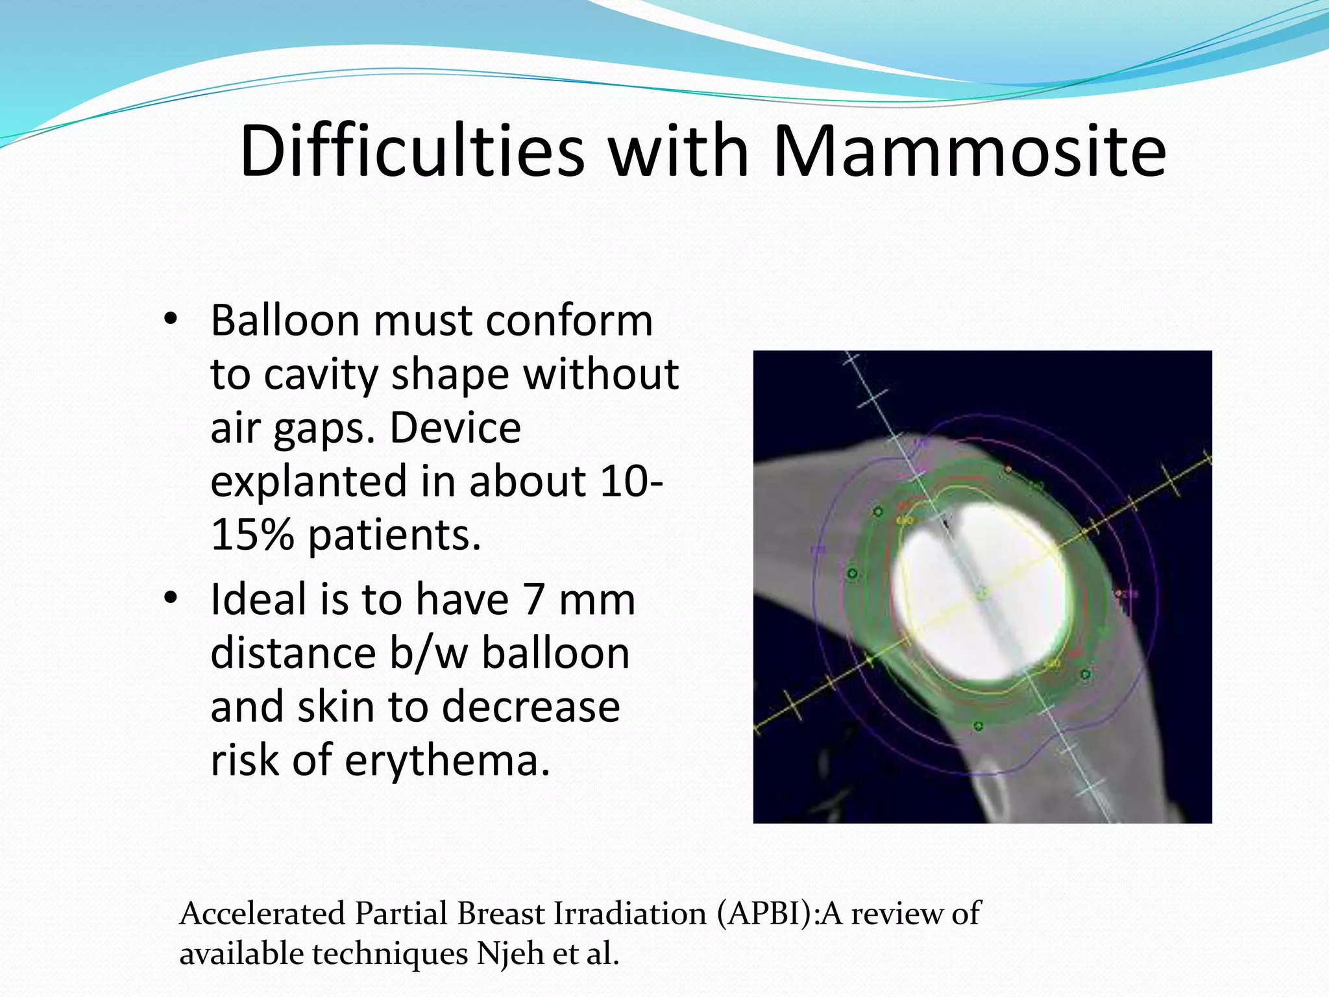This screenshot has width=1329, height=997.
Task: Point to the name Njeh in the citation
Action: tap(509, 954)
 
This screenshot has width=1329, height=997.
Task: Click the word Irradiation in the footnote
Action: tap(629, 913)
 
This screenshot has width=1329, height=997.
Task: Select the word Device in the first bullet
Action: tap(455, 428)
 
